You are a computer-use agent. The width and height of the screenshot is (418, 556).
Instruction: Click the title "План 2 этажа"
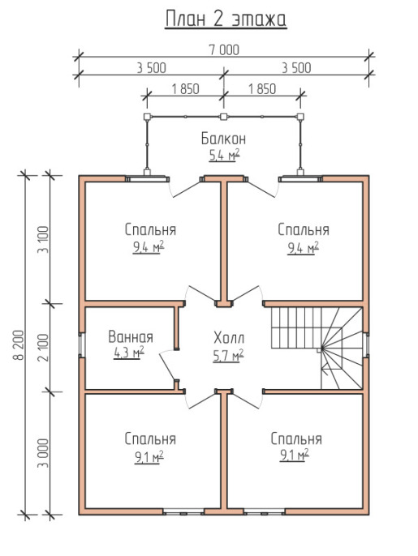click(226, 19)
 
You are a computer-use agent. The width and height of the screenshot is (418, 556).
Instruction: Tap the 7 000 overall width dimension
click(224, 50)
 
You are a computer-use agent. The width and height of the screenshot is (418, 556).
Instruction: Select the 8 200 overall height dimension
click(19, 344)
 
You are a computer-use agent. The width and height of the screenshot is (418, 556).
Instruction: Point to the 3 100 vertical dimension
click(43, 239)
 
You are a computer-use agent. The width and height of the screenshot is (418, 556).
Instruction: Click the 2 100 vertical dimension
click(43, 348)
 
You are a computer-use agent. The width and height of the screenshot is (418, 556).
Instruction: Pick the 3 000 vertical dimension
click(43, 453)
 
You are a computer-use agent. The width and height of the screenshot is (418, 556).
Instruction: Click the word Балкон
click(223, 139)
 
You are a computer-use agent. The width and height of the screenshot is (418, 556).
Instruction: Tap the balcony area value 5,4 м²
click(224, 155)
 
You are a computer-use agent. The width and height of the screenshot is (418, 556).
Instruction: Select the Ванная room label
click(131, 336)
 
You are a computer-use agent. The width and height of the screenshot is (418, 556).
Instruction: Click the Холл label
click(229, 338)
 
